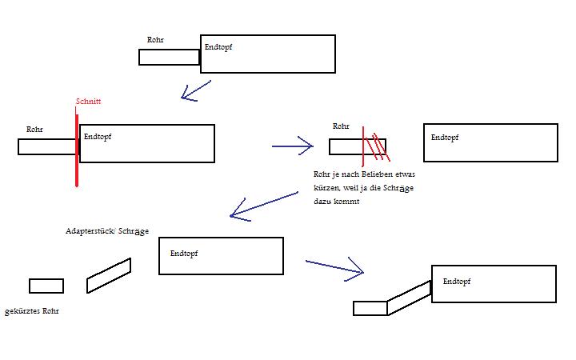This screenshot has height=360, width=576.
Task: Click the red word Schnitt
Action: tap(88, 102)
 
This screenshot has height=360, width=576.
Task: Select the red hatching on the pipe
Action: tap(374, 146)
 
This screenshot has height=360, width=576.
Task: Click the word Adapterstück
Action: tap(90, 231)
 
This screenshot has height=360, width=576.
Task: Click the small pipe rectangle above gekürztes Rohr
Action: tap(46, 286)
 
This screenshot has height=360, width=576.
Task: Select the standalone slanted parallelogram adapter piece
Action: tap(109, 275)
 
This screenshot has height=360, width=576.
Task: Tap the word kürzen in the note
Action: tap(327, 188)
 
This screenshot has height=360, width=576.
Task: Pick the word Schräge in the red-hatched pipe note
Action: tap(394, 188)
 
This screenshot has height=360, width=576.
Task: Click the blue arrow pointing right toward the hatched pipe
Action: tap(293, 146)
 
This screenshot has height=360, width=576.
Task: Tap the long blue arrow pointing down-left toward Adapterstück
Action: tap(265, 205)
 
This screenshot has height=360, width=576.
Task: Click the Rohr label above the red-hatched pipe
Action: tap(341, 126)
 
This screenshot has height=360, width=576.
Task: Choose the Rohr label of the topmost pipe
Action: tap(155, 40)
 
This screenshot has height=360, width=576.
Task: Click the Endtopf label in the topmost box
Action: tap(218, 47)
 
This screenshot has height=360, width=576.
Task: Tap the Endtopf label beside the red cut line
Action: tap(98, 137)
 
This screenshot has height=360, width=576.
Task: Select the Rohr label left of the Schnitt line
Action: tap(34, 129)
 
